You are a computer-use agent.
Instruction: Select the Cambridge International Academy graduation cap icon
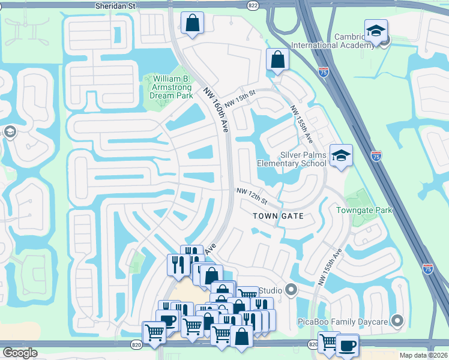(x=376, y=31)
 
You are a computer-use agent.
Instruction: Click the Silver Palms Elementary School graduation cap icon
(x=341, y=155)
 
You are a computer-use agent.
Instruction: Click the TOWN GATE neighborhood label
(x=278, y=215)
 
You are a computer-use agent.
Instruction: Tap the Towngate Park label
(x=364, y=210)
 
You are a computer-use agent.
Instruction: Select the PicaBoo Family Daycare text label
(x=343, y=322)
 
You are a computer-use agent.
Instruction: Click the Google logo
(x=20, y=352)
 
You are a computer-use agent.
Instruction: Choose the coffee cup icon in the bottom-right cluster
(x=347, y=346)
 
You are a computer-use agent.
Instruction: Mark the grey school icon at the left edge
(x=10, y=131)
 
